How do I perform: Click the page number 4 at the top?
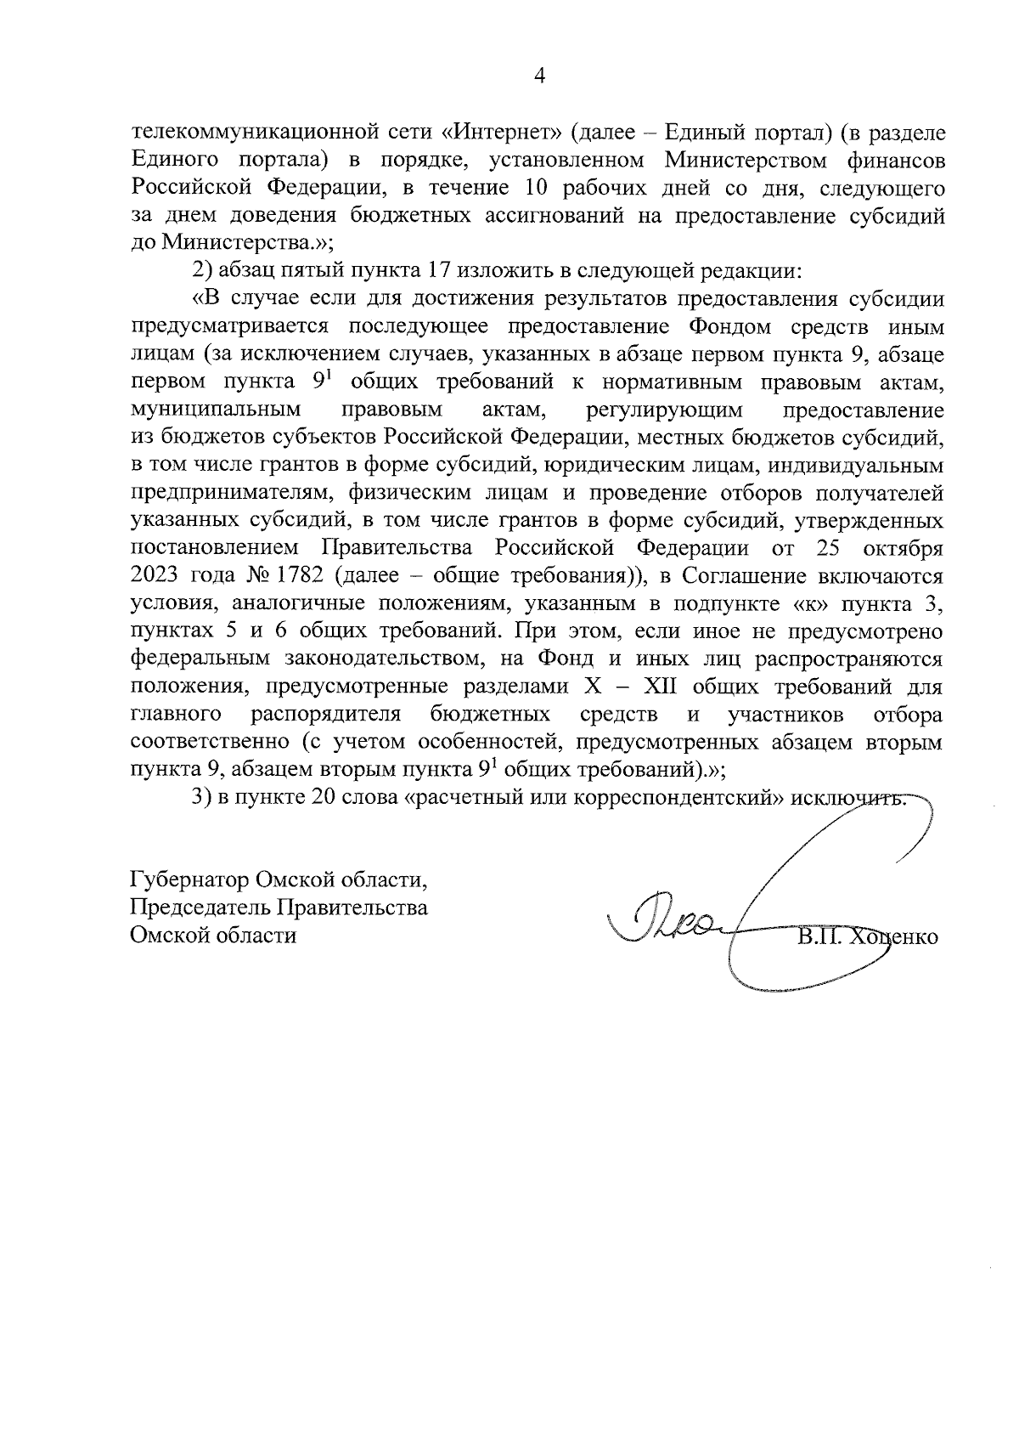tap(538, 76)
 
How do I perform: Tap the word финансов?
tap(892, 160)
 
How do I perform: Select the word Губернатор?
tap(186, 879)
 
